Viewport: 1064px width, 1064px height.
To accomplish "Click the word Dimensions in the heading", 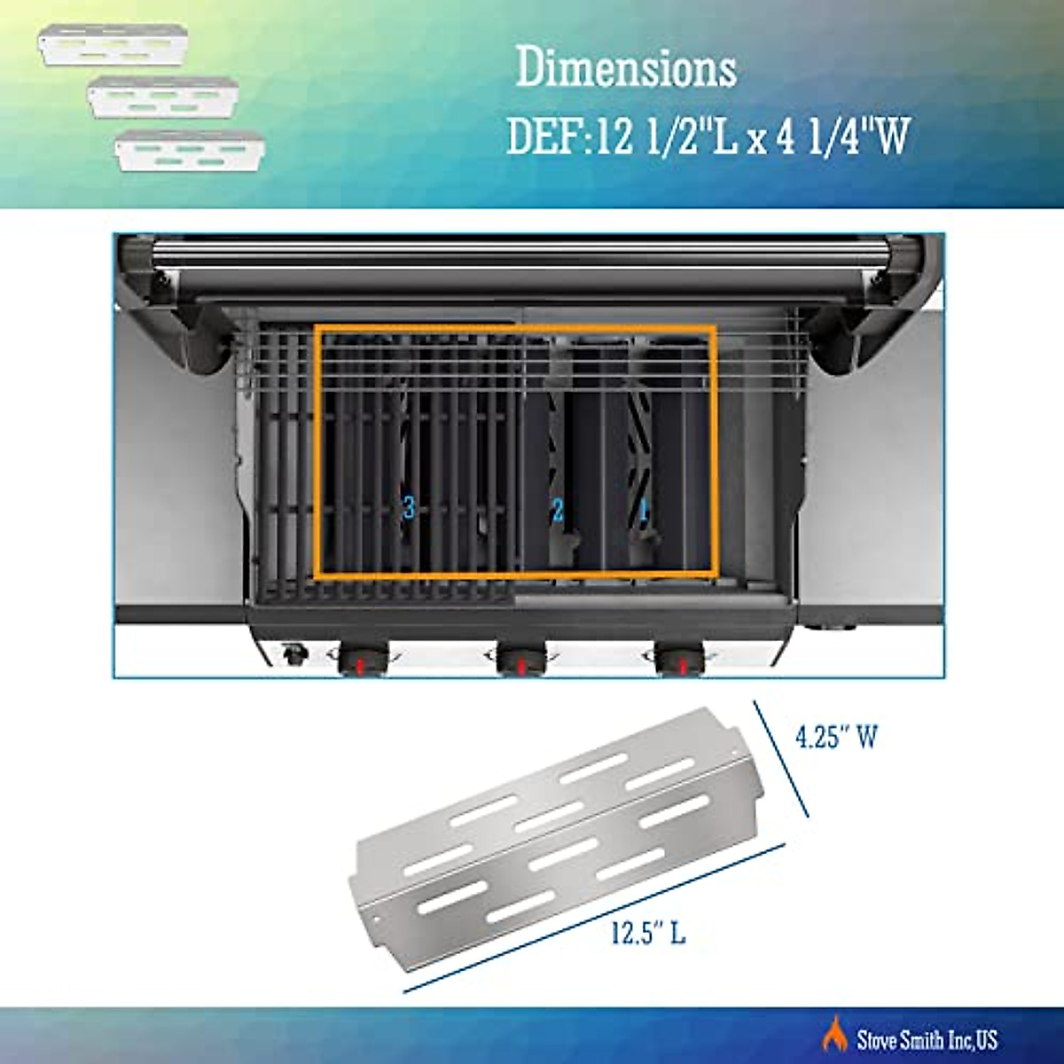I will pyautogui.click(x=626, y=69).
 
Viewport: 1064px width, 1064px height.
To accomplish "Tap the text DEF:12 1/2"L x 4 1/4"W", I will pyautogui.click(x=708, y=138).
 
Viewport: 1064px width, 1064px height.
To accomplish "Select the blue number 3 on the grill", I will pyautogui.click(x=408, y=508).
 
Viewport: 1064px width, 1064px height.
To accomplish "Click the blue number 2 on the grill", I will pyautogui.click(x=558, y=510).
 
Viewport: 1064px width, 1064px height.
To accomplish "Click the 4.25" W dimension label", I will pyautogui.click(x=836, y=738).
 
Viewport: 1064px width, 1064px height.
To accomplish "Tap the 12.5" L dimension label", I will pyautogui.click(x=648, y=932).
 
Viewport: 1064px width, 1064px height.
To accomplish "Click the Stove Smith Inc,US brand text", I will pyautogui.click(x=927, y=1038).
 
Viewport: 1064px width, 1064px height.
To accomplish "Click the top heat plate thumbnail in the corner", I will pyautogui.click(x=113, y=45).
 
